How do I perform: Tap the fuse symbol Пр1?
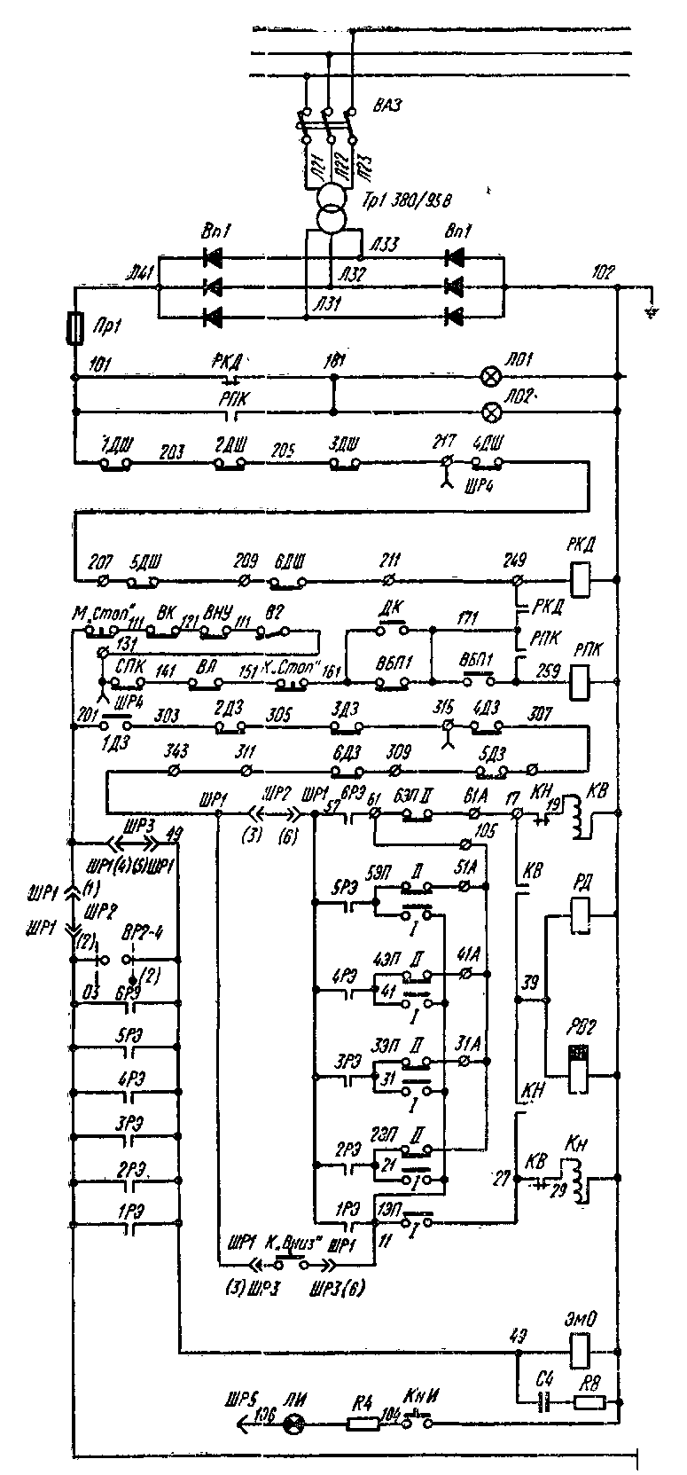click(75, 329)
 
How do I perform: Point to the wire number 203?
click(172, 451)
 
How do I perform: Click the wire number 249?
click(514, 561)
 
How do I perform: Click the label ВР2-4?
click(137, 940)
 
